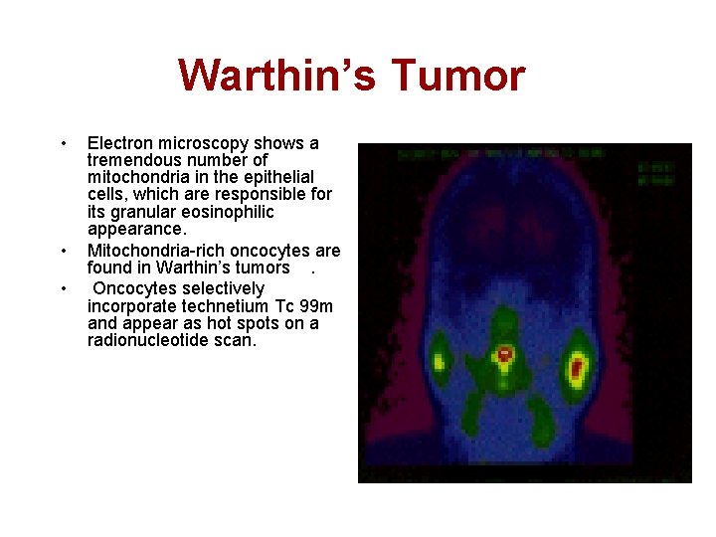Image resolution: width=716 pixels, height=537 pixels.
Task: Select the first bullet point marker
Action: (x=64, y=143)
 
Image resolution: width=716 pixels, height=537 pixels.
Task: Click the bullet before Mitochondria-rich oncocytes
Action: (x=64, y=250)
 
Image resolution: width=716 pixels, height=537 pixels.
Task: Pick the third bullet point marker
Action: (x=64, y=288)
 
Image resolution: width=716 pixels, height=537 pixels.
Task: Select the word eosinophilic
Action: (x=227, y=213)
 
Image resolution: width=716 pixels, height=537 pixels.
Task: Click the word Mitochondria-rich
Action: (x=155, y=250)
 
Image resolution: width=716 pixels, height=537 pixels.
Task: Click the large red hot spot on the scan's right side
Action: (x=576, y=371)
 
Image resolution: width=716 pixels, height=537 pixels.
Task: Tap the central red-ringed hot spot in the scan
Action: (x=505, y=353)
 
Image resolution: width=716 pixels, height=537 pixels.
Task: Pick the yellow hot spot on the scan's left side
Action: (x=440, y=355)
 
